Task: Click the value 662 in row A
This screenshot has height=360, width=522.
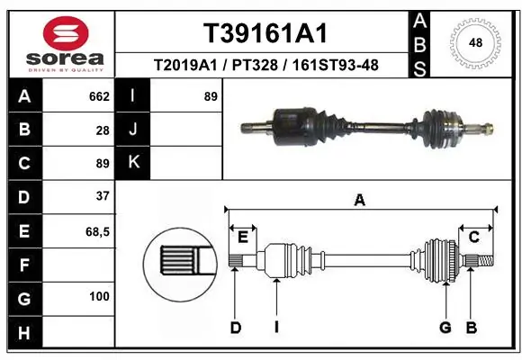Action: point(99,96)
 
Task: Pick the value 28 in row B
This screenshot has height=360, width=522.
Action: point(103,130)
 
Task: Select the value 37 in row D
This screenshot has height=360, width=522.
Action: point(103,196)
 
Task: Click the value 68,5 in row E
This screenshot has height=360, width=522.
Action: point(97,230)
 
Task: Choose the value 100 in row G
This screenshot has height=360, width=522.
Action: point(99,296)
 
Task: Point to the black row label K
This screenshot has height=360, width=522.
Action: point(134,163)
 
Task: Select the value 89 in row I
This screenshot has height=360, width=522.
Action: point(211,96)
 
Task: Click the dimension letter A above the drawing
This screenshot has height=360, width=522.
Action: point(360,201)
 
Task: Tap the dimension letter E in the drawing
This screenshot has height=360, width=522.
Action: point(242,237)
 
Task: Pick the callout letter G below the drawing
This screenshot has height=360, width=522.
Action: point(445,328)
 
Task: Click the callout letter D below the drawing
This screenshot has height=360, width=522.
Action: point(236,328)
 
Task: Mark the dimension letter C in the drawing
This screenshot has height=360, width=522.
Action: point(473,237)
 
